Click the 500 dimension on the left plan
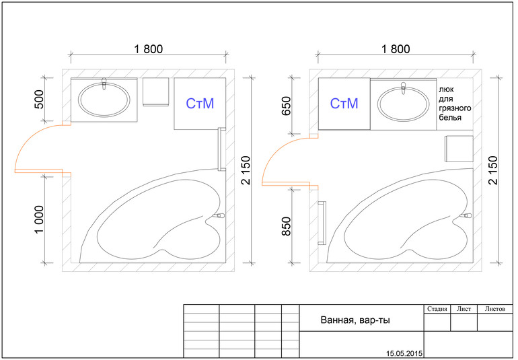tap(39, 100)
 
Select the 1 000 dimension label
tap(39, 219)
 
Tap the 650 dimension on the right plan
tap(286, 106)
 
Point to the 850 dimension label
tap(286, 226)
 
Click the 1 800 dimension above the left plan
tap(148, 49)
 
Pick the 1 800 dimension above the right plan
tap(396, 49)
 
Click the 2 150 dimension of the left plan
tap(246, 170)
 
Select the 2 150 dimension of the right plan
tap(493, 170)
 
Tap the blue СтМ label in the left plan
tap(200, 104)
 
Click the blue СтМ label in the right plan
tap(344, 104)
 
